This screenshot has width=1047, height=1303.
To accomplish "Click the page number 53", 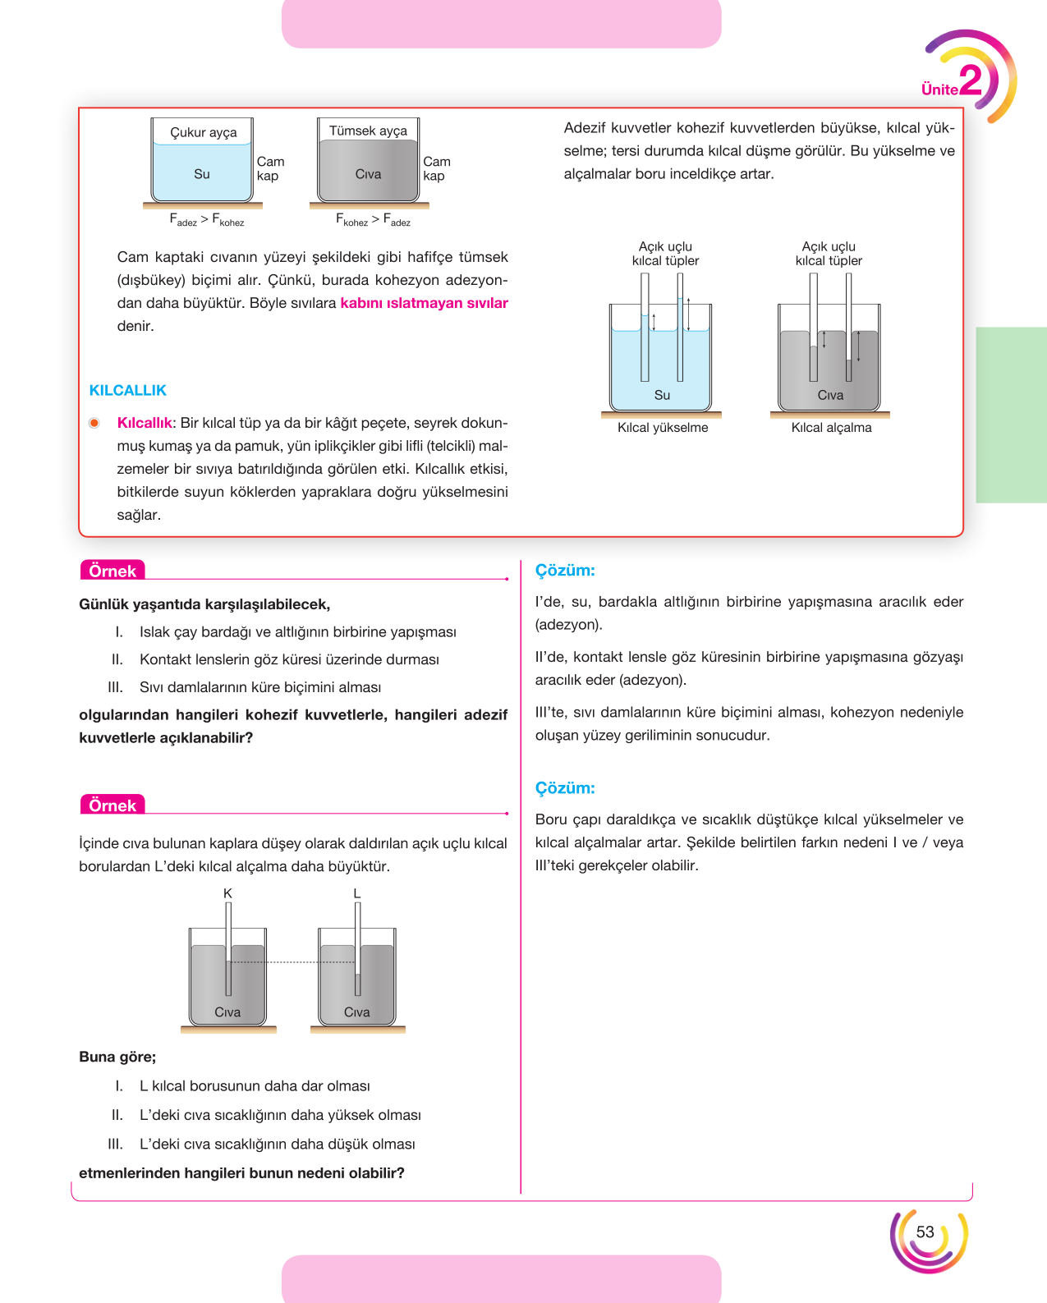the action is point(925,1232).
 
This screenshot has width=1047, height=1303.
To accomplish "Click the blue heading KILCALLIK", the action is point(128,391).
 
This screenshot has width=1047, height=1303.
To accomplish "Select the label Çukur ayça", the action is point(204,133).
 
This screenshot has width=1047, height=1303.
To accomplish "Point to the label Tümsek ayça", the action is point(368,131).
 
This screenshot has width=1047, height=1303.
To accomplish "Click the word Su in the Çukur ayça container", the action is point(202,174).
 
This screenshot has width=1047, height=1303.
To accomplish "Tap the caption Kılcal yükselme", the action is point(663,428).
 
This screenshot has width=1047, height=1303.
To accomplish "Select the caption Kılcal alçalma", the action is point(831,428).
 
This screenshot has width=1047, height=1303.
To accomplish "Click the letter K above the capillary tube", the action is point(227,893).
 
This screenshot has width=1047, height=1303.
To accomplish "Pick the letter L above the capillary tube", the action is point(357,893).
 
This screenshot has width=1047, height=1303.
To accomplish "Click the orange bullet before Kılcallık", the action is point(94,423).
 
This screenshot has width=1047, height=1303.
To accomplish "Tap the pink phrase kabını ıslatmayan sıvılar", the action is point(424,303).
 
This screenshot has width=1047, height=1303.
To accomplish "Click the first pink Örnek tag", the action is point(113,571).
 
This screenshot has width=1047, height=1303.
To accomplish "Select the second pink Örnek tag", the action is point(113,805).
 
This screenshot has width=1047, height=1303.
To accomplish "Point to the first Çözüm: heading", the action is point(565,571).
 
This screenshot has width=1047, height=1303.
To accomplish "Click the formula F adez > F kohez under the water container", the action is point(206,220).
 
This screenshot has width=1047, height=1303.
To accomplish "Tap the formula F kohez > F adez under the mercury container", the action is point(373,220).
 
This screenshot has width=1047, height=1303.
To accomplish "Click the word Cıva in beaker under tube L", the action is point(356,1012).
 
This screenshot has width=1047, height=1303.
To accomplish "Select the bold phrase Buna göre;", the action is point(117,1058).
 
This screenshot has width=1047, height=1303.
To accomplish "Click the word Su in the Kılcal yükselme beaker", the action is point(662,396).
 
